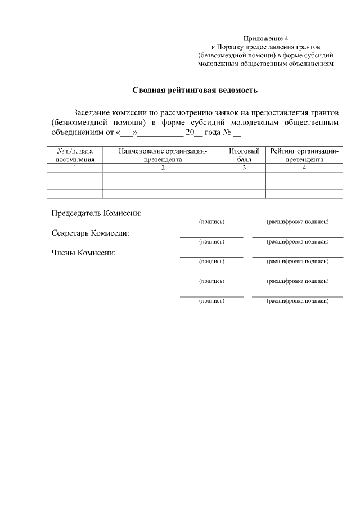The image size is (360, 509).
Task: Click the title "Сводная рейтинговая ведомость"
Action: [x=195, y=89]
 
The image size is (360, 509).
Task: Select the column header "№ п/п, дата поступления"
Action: [x=75, y=155]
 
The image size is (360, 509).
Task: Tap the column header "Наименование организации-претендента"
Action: [x=163, y=155]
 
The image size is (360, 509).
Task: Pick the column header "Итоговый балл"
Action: [x=244, y=155]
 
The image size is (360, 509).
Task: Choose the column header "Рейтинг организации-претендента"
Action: [x=304, y=155]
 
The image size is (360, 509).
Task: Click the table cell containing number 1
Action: [x=75, y=168]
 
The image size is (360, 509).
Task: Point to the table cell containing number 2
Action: [x=163, y=168]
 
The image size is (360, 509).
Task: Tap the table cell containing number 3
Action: [x=244, y=168]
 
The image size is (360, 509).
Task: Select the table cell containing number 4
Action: [x=304, y=168]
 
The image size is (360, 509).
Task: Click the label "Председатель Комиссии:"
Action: [x=97, y=213]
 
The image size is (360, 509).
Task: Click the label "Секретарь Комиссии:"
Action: [x=91, y=233]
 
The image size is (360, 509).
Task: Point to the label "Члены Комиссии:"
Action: [x=84, y=253]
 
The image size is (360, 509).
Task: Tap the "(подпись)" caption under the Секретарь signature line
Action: [x=211, y=241]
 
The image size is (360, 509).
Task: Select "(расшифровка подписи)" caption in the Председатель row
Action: [x=297, y=222]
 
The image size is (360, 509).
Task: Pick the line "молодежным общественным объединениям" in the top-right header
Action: [x=266, y=64]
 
